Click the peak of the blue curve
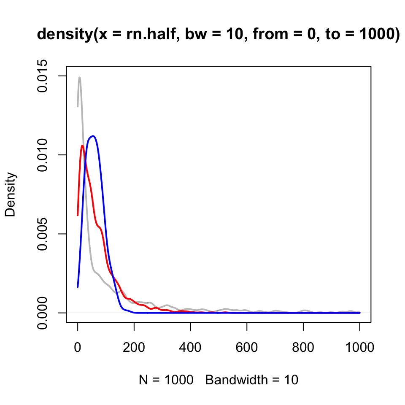pos(92,136)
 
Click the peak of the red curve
pos(82,146)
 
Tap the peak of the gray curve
pos(79,77)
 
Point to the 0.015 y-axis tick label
pos(42,76)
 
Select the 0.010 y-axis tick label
pos(42,155)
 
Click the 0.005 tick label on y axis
pos(42,234)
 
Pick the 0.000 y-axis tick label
pos(42,313)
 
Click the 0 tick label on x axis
pos(78,348)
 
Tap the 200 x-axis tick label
pos(134,348)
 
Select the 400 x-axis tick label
pos(190,348)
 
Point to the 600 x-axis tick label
pos(247,348)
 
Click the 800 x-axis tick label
pos(303,348)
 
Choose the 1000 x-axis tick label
pos(359,348)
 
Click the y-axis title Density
pos(10,194)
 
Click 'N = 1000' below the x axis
pos(166,380)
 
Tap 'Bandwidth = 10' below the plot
pos(252,380)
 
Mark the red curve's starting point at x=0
pos(78,215)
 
